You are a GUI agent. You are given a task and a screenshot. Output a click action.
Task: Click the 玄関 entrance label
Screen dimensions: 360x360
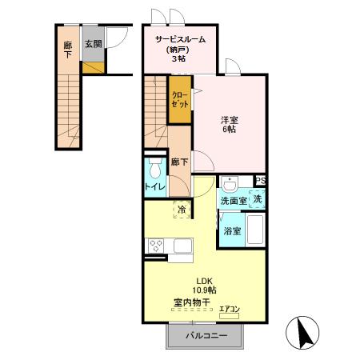tap(93, 46)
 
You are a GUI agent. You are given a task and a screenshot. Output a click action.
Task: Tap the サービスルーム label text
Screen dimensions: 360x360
tap(180, 38)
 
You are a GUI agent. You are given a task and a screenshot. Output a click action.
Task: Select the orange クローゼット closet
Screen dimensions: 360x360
tap(180, 100)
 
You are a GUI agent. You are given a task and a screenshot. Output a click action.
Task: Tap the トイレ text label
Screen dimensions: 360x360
tap(154, 187)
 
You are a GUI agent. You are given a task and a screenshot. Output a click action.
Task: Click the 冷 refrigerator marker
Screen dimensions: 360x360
tap(182, 210)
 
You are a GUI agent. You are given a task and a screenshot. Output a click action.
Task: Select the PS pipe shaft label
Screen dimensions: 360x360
tap(260, 182)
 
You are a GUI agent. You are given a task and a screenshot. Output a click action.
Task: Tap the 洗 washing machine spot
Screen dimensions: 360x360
tap(258, 200)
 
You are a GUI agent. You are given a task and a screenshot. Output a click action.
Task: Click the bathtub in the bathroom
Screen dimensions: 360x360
tap(256, 232)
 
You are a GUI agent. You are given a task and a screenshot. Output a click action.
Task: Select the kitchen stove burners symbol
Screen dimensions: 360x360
tap(155, 246)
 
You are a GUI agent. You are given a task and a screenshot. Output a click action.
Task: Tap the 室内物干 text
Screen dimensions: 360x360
tap(191, 303)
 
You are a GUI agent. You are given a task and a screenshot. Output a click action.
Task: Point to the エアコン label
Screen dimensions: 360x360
tap(230, 310)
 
